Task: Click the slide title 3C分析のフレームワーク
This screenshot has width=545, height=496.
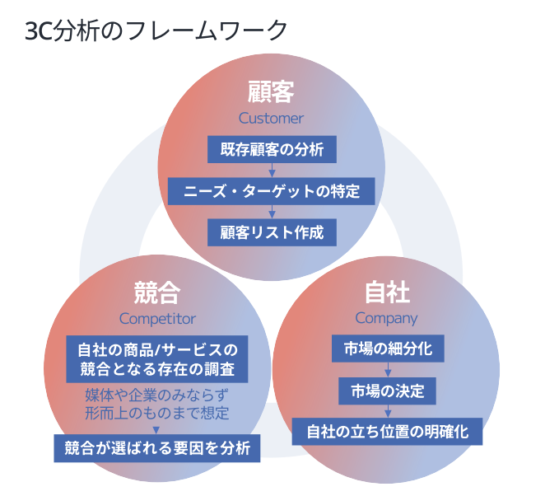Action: [x=156, y=30]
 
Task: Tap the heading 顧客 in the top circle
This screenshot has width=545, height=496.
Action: [x=271, y=91]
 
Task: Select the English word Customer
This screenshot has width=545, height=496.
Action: [x=271, y=118]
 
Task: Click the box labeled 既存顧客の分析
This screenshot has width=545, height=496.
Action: [x=271, y=150]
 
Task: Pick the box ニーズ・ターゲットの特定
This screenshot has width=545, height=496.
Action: [x=272, y=191]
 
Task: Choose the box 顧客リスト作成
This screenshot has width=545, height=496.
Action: [x=272, y=232]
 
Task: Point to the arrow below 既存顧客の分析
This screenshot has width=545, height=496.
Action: [x=272, y=171]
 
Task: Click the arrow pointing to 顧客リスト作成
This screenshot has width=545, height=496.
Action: [x=272, y=212]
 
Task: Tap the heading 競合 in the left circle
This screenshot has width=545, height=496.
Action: [x=157, y=292]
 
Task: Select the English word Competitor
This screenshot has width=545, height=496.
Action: [x=157, y=318]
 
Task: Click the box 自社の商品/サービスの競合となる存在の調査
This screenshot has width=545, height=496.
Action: [x=157, y=358]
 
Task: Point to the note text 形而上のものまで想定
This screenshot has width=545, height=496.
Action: [x=157, y=411]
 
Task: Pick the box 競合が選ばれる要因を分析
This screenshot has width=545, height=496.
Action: [x=157, y=448]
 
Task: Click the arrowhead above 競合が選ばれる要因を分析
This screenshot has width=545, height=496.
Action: [x=157, y=428]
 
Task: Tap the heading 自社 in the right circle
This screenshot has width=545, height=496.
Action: [x=387, y=292]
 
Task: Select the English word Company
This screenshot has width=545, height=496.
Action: [x=387, y=318]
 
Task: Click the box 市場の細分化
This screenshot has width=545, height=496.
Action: [x=387, y=349]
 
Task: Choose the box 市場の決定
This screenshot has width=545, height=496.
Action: [x=387, y=390]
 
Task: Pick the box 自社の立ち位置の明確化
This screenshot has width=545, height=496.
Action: [x=387, y=431]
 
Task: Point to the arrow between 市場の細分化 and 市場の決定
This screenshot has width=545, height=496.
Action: [x=387, y=369]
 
